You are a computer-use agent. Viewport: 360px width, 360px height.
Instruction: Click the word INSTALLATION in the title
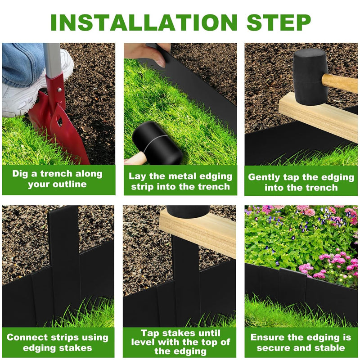pyautogui.click(x=143, y=22)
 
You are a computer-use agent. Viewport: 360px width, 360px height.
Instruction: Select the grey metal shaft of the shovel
pyautogui.click(x=52, y=58)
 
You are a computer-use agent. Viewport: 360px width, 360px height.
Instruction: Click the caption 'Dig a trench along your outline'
pyautogui.click(x=58, y=179)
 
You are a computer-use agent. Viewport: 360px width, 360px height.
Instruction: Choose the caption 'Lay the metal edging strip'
pyautogui.click(x=180, y=181)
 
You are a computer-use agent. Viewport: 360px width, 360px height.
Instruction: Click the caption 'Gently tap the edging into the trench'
pyautogui.click(x=301, y=182)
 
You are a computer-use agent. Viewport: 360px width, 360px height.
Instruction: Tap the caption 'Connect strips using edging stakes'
pyautogui.click(x=58, y=342)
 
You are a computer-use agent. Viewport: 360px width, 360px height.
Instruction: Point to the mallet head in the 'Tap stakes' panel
pyautogui.click(x=188, y=210)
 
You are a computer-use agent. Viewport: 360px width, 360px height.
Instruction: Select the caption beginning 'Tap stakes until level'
pyautogui.click(x=180, y=342)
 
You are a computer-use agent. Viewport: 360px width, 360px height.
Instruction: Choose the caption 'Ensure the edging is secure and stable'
pyautogui.click(x=301, y=342)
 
